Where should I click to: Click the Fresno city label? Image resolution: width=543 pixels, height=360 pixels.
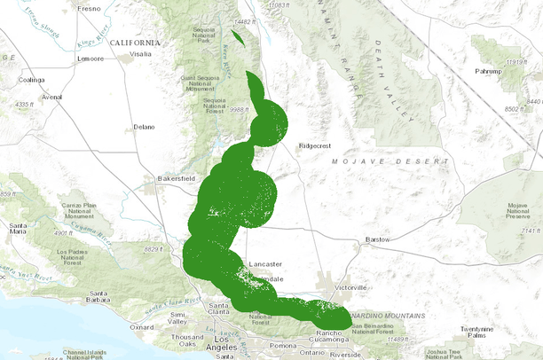pos(90,8)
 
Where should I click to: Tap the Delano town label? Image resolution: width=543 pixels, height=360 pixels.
pos(144,127)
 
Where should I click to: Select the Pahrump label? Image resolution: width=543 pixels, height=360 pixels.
pos(489,70)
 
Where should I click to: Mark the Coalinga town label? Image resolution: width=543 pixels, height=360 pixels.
pos(31,79)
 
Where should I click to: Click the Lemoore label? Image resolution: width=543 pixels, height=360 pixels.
pos(90,59)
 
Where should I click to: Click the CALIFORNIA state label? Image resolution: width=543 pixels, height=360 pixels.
pos(135,42)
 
